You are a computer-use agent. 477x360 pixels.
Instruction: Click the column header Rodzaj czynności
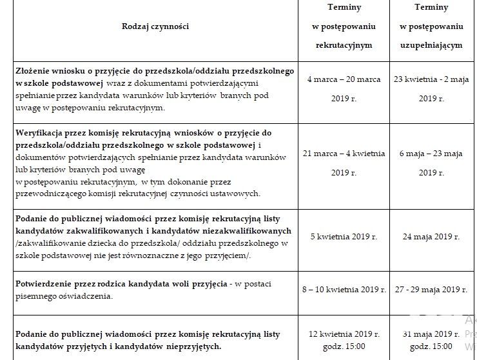tap(156, 26)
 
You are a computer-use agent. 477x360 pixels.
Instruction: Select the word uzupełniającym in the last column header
tap(431, 47)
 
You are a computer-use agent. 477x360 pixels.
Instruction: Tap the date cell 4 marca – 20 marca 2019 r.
tap(344, 89)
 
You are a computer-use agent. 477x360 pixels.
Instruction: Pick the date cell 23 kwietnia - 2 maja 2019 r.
tap(431, 89)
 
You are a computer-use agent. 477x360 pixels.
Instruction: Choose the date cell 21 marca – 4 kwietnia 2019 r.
tap(344, 163)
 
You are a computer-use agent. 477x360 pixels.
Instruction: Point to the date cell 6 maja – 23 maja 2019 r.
tap(431, 163)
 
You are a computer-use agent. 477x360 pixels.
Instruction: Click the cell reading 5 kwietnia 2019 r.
tap(344, 236)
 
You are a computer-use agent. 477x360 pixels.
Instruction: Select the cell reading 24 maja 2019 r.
tap(431, 236)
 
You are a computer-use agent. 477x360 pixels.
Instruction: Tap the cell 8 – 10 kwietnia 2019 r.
tap(344, 290)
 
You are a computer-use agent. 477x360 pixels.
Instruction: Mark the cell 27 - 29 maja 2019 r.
tap(431, 290)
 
